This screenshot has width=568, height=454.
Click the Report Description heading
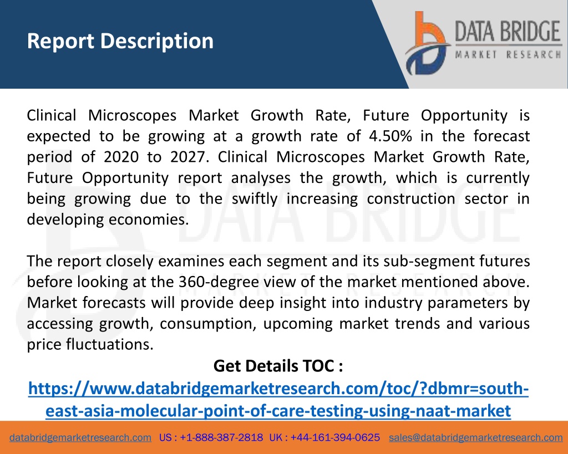(120, 41)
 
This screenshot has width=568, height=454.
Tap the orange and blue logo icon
(428, 43)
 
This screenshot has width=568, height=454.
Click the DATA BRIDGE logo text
(508, 31)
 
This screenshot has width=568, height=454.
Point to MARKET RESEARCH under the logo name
(508, 55)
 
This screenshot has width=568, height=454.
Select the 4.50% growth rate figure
(390, 136)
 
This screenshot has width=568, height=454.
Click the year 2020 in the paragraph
(121, 157)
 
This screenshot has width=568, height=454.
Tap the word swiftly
(254, 199)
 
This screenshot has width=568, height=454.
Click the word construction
(411, 199)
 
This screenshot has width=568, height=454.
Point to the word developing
(65, 220)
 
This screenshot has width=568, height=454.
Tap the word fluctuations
(110, 344)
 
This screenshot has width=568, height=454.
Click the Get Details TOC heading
(278, 366)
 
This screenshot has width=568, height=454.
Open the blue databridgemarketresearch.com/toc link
(278, 399)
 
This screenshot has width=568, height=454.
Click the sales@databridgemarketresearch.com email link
(475, 438)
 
